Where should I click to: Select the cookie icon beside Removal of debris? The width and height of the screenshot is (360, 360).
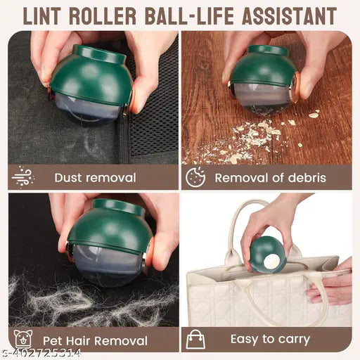pyautogui.click(x=195, y=176)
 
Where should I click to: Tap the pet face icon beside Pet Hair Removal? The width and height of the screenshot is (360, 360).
pyautogui.click(x=22, y=339)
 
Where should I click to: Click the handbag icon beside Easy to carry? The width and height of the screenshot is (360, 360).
pyautogui.click(x=195, y=339)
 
